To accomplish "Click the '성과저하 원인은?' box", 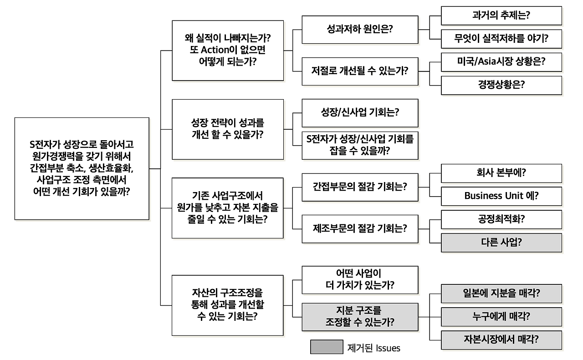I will coord(360,30).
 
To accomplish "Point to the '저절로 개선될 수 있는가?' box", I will coord(360,71).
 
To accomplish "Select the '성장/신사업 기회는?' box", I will coord(360,113).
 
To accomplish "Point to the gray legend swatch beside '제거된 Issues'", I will coord(326,347).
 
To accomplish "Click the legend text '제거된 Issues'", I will coord(373,348).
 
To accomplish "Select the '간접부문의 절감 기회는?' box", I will coord(360,187).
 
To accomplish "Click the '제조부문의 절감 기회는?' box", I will coord(360,228).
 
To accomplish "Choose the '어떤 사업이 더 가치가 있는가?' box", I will coord(360,279).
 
